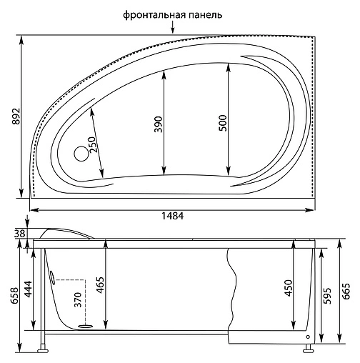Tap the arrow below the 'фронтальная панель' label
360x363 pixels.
tap(172, 29)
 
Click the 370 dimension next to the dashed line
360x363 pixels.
tap(76, 301)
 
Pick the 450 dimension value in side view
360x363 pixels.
tap(289, 287)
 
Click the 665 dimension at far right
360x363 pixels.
tap(346, 292)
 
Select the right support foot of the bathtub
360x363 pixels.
tap(309, 349)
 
